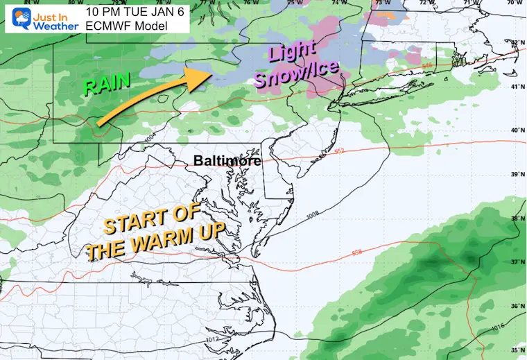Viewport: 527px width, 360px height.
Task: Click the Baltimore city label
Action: coord(227,161)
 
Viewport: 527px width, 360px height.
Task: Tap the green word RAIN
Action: coord(107,85)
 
